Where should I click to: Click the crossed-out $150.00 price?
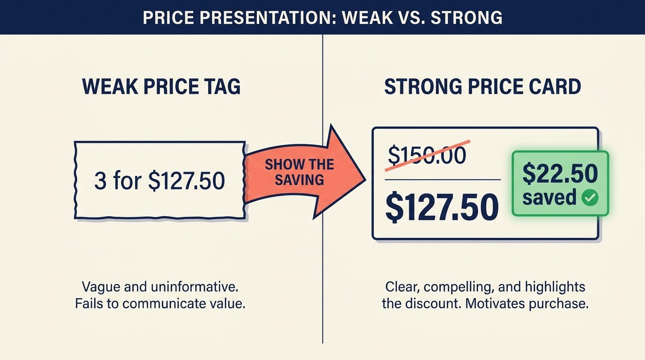(x=427, y=155)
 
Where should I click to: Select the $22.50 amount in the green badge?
(x=560, y=174)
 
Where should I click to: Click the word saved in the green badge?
(x=549, y=198)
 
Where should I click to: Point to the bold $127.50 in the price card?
(x=442, y=208)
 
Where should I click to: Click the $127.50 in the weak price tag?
(x=187, y=181)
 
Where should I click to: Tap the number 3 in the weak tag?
(x=100, y=181)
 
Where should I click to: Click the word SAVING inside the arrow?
(x=300, y=180)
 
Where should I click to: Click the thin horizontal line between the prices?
(x=442, y=180)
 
